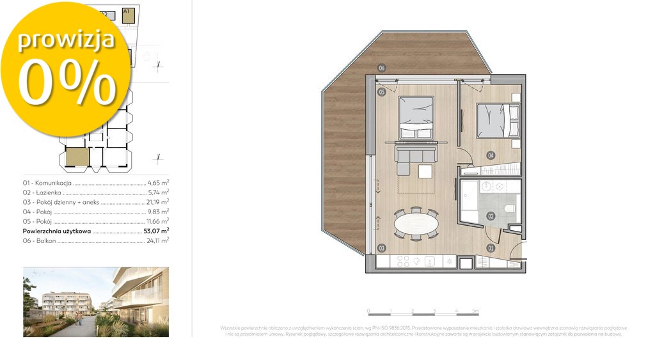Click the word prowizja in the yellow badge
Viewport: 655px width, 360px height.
[x=66, y=39]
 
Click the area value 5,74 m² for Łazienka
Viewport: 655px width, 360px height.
[x=158, y=192]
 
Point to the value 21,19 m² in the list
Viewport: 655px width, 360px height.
[x=157, y=201]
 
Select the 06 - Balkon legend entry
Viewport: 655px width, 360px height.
[x=39, y=240]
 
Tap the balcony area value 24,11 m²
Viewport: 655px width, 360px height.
[x=157, y=240]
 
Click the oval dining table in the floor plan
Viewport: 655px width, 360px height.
[x=416, y=224]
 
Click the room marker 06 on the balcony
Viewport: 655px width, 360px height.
[x=381, y=68]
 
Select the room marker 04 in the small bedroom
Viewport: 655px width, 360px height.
[x=490, y=155]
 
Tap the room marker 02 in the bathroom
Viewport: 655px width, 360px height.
[x=491, y=216]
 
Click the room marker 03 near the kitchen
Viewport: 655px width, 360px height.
[x=381, y=247]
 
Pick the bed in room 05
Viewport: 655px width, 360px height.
[x=416, y=117]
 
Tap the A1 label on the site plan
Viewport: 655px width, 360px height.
[x=126, y=11]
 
